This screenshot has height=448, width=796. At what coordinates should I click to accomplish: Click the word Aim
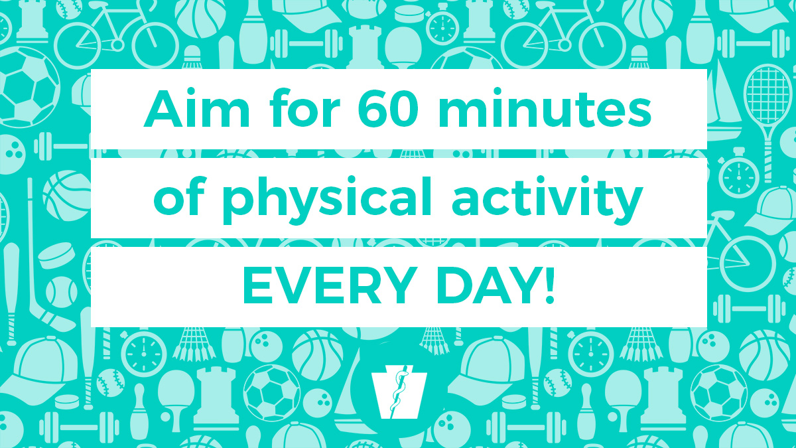(193, 110)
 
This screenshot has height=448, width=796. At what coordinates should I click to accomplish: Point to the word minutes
(544, 110)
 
